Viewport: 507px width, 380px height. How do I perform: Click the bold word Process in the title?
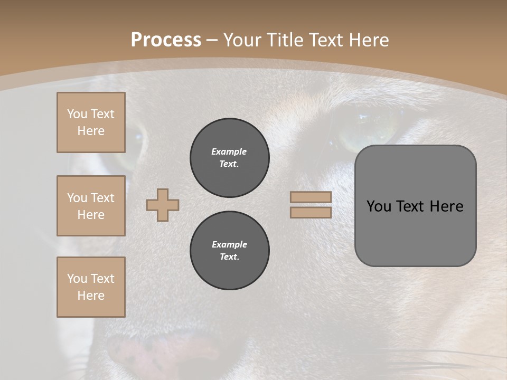[166, 40]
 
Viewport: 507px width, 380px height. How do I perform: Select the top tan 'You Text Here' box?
[91, 122]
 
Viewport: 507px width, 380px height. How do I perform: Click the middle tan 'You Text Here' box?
[91, 206]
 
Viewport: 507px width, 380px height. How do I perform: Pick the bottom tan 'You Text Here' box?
[91, 287]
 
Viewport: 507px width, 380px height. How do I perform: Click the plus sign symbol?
[163, 205]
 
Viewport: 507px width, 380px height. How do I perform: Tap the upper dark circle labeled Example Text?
[229, 158]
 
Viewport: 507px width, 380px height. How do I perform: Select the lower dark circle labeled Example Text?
[229, 251]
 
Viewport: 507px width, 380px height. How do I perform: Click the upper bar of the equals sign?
[311, 197]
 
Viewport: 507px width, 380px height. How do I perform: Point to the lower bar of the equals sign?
[311, 213]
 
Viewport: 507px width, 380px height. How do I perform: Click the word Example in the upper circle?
[229, 151]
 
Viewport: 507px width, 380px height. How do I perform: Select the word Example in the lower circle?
[229, 244]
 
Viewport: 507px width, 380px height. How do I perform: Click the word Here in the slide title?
[368, 40]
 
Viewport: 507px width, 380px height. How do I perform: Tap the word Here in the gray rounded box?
[447, 206]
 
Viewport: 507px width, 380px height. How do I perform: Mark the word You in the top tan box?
[77, 114]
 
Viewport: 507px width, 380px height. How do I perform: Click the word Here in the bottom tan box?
[91, 296]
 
